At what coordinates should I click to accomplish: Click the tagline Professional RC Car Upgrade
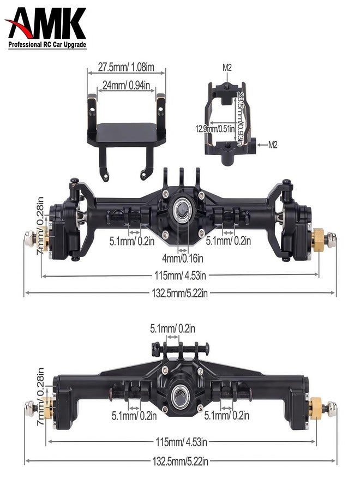tap(47, 45)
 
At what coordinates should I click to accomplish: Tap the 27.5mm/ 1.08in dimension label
tap(126, 68)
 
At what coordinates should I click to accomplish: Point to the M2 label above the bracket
tap(227, 68)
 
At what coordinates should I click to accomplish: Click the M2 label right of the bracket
tap(273, 144)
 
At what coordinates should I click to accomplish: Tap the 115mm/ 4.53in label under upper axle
tap(180, 275)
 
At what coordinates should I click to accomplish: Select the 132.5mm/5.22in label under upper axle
tap(180, 294)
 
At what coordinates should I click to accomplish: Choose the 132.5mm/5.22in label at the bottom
tap(180, 462)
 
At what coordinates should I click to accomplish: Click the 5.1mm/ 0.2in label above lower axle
tap(173, 328)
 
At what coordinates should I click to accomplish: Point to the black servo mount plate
tap(126, 131)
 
